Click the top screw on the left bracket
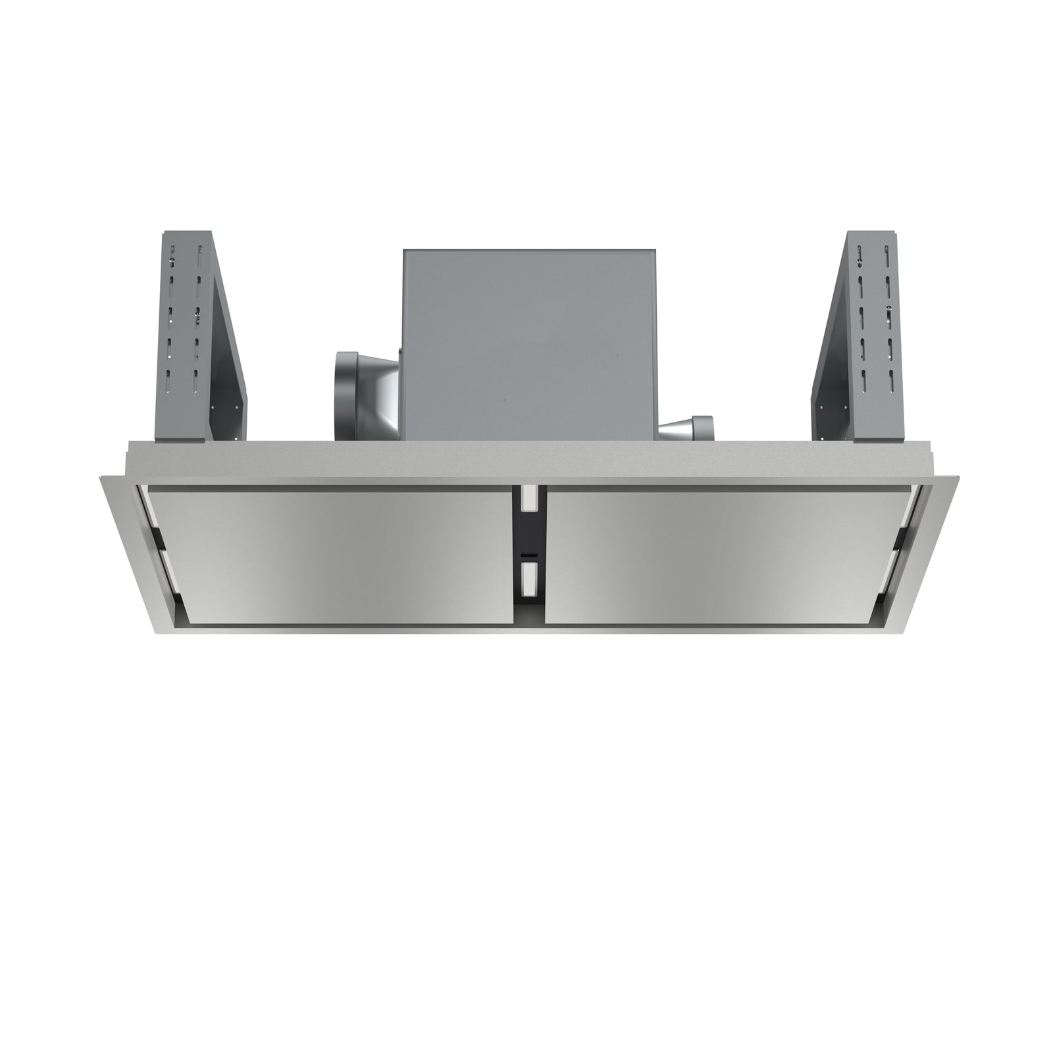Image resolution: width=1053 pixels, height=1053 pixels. click(x=172, y=262)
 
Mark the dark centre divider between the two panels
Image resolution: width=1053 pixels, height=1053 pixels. click(x=528, y=540)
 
